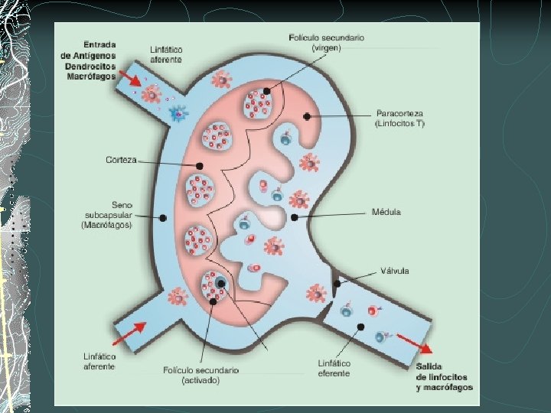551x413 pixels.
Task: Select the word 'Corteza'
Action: click(x=121, y=160)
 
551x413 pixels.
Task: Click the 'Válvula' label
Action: click(x=395, y=271)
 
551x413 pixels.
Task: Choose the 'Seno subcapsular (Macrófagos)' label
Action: click(x=106, y=215)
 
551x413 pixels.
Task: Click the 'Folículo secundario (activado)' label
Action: click(x=201, y=375)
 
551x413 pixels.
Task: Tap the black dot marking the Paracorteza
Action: click(x=307, y=116)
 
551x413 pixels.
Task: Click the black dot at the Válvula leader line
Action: click(x=337, y=284)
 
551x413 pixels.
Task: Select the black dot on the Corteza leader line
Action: click(x=199, y=165)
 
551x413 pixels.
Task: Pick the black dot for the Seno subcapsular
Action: click(x=163, y=219)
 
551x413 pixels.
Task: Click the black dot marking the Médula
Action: click(x=295, y=217)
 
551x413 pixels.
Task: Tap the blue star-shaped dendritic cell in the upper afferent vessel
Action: click(x=178, y=115)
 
